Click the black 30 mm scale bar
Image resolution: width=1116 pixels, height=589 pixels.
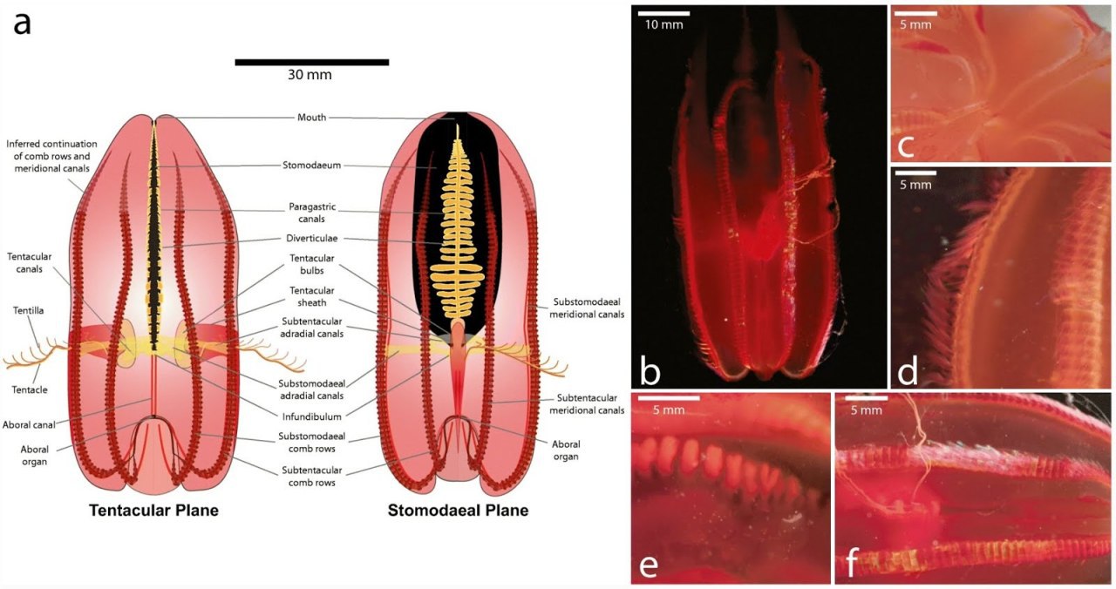click(312, 62)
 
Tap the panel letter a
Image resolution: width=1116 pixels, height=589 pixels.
click(22, 24)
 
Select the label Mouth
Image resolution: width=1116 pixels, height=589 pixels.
click(312, 118)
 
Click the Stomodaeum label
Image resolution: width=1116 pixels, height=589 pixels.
click(312, 166)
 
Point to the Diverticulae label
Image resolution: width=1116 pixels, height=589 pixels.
click(312, 239)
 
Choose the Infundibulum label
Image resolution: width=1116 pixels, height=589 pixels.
click(312, 416)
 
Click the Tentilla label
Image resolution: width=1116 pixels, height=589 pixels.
click(29, 311)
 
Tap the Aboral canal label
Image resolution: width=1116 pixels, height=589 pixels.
click(29, 425)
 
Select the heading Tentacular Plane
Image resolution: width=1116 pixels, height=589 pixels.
click(154, 511)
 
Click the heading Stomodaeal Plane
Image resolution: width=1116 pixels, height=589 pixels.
click(458, 511)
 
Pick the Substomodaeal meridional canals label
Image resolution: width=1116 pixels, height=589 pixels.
click(587, 308)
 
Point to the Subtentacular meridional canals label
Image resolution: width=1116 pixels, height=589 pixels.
click(587, 404)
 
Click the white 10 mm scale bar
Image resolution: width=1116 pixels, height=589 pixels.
click(663, 13)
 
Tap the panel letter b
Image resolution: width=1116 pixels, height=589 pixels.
click(650, 371)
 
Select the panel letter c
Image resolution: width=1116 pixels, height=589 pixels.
click(906, 146)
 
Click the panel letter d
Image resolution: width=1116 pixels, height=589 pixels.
click(908, 371)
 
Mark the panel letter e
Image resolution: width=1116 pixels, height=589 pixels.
click(649, 565)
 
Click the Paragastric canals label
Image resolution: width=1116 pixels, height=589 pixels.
click(312, 213)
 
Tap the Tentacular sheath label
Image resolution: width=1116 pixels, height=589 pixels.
click(312, 297)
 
